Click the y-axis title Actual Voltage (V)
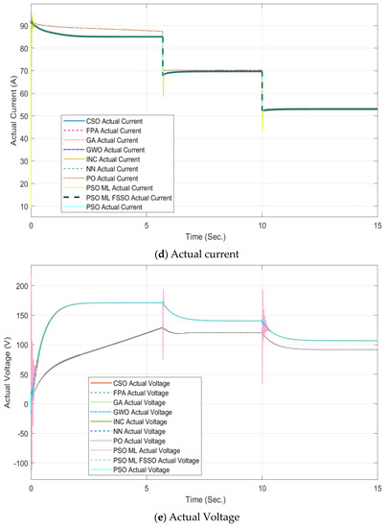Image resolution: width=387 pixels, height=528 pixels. pos(9,366)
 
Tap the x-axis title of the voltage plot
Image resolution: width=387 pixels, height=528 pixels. pos(205,500)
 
